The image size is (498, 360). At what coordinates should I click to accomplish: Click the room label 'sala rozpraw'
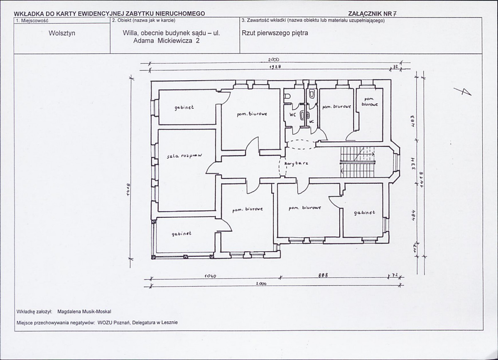point(184,155)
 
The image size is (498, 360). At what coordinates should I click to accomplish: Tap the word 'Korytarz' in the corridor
point(297,164)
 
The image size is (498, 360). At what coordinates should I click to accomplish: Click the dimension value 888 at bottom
point(323,275)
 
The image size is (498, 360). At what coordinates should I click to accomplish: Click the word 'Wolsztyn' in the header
point(62,33)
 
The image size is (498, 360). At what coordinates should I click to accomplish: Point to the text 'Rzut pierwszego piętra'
point(275,33)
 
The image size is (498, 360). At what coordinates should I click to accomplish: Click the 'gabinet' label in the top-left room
point(184,107)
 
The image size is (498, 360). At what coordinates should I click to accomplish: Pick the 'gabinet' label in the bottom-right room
point(364,212)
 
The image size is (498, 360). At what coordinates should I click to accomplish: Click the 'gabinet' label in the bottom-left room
point(182,234)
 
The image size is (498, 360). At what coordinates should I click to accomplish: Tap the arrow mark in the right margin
point(465,92)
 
